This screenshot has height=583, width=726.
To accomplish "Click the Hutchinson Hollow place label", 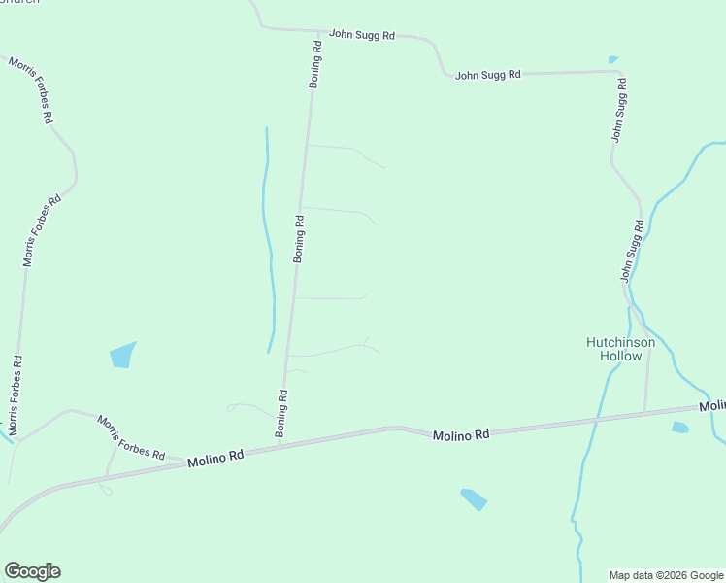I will coord(620,349).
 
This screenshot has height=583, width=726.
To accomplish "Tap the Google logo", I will coord(32,571).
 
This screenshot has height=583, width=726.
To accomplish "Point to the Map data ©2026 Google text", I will coord(666,575).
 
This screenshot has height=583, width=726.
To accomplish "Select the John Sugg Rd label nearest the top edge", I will coord(361,35).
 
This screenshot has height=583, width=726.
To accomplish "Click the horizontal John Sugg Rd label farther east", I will coord(488,74).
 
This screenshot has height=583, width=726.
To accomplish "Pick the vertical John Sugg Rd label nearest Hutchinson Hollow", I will coord(633,251).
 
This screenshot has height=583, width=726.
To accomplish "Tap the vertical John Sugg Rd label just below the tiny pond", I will coord(620,111).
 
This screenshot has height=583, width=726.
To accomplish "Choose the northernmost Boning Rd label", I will coord(315,65).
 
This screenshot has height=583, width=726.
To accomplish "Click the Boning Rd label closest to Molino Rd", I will coord(282,413).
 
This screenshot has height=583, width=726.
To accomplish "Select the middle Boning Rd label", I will coord(300,238).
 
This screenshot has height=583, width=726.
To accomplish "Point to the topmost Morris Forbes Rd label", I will coord(31,89).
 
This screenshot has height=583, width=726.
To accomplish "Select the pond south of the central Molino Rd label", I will coord(474,498).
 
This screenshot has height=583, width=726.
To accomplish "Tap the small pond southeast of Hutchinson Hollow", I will coord(679,427).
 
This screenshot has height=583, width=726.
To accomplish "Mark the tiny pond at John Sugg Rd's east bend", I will coord(612,59).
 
